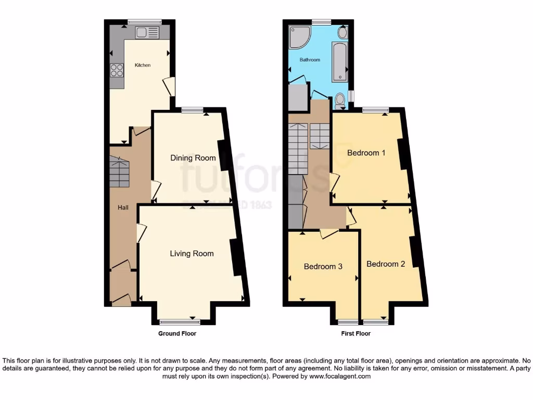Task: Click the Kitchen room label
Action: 143,65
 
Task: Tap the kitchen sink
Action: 147,33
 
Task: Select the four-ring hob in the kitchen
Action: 117,70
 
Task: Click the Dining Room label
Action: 193,158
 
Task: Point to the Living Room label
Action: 192,254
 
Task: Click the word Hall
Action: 123,207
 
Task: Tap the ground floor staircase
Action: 119,173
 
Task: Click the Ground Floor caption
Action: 177,333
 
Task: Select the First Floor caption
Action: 356,333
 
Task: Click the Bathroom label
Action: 310,60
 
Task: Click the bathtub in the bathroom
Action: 339,62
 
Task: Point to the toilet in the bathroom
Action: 340,100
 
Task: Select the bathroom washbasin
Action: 343,33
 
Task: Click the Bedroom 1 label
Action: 366,153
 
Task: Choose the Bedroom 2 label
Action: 386,264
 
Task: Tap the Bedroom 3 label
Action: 323,267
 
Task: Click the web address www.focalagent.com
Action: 340,376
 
